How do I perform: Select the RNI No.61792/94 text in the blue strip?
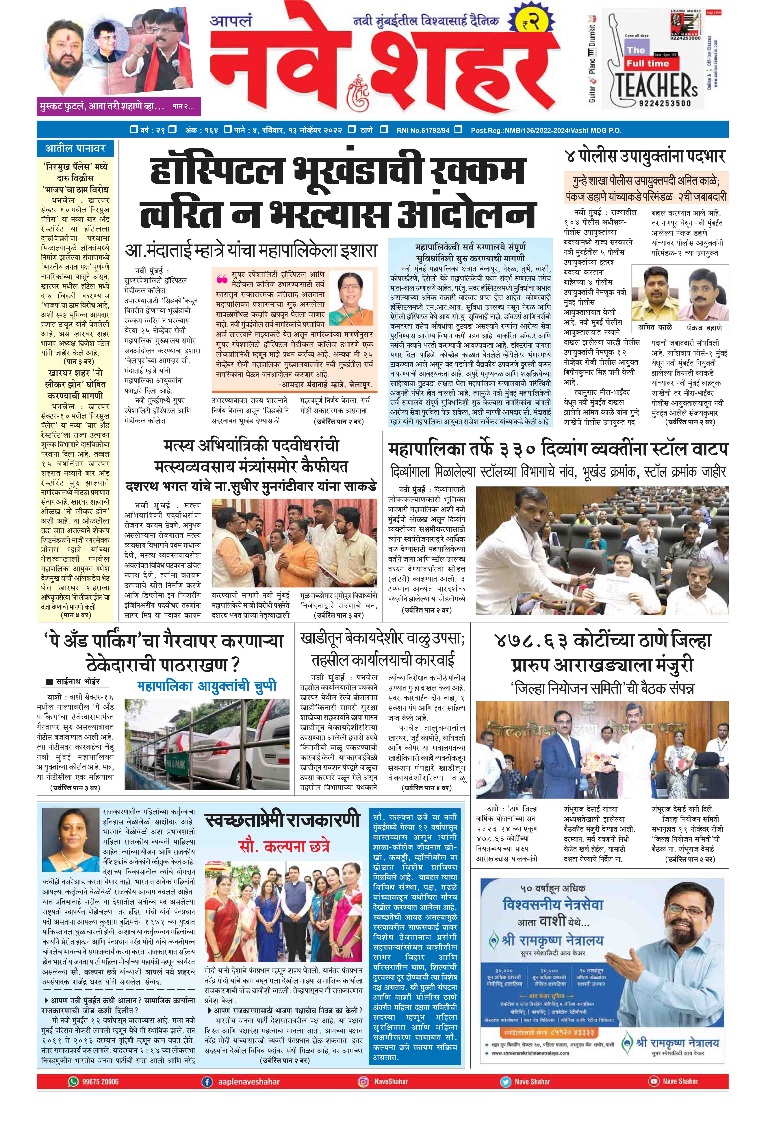tap(422, 131)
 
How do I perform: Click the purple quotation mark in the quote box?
tap(222, 279)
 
